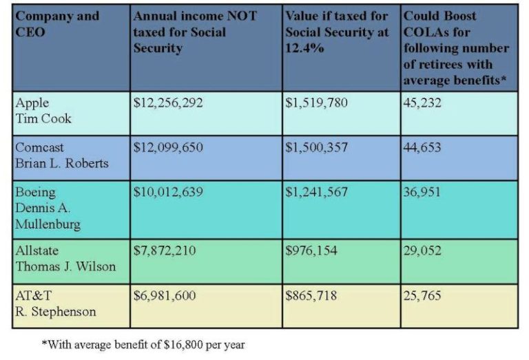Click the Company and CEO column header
[57, 23]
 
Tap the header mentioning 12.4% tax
[337, 32]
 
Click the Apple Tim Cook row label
[43, 110]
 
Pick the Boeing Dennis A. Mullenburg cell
[48, 208]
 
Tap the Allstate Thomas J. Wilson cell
[65, 259]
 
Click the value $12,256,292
[168, 103]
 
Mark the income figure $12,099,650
[168, 148]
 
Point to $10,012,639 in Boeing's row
[168, 192]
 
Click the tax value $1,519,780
[316, 103]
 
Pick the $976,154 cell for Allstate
[311, 251]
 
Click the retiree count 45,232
[422, 103]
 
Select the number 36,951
[422, 192]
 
